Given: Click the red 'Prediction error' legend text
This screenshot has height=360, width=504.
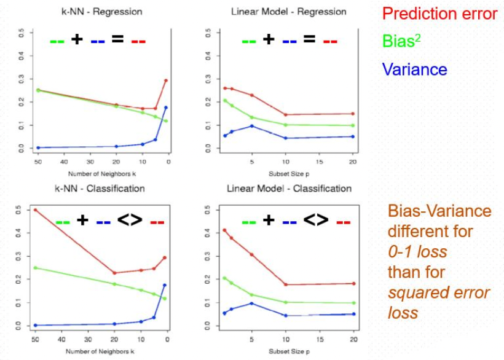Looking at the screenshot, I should pyautogui.click(x=439, y=14).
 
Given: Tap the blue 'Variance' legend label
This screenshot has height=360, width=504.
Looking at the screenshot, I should pyautogui.click(x=415, y=69).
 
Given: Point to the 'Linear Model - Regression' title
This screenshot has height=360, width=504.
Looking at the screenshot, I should pyautogui.click(x=288, y=12).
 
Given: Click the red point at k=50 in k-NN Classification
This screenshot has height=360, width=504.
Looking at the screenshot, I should pyautogui.click(x=35, y=209).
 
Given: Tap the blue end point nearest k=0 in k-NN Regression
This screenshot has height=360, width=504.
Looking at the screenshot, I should pyautogui.click(x=165, y=108).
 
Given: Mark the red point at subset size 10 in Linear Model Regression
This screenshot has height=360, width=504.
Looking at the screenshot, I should pyautogui.click(x=285, y=114).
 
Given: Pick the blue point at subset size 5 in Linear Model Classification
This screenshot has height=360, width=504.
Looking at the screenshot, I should pyautogui.click(x=251, y=303).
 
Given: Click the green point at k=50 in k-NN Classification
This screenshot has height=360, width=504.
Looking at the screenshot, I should pyautogui.click(x=35, y=268).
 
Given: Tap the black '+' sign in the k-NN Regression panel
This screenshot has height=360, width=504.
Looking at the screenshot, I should pyautogui.click(x=77, y=40).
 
